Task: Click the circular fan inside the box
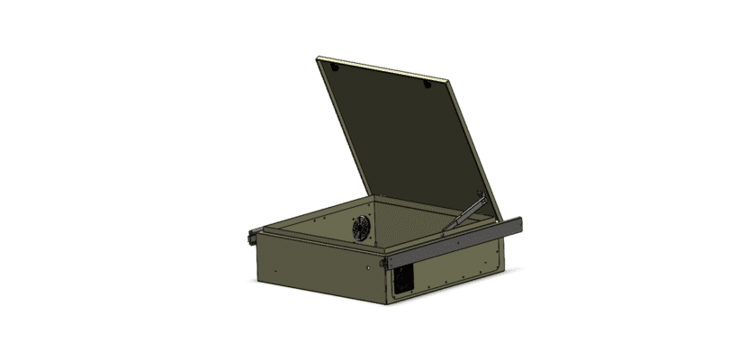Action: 361,228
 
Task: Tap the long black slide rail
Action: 450,241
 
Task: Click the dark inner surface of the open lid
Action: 396,135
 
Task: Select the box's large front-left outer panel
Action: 315,270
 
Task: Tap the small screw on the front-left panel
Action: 372,267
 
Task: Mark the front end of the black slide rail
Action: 384,261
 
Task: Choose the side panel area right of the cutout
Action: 459,270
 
